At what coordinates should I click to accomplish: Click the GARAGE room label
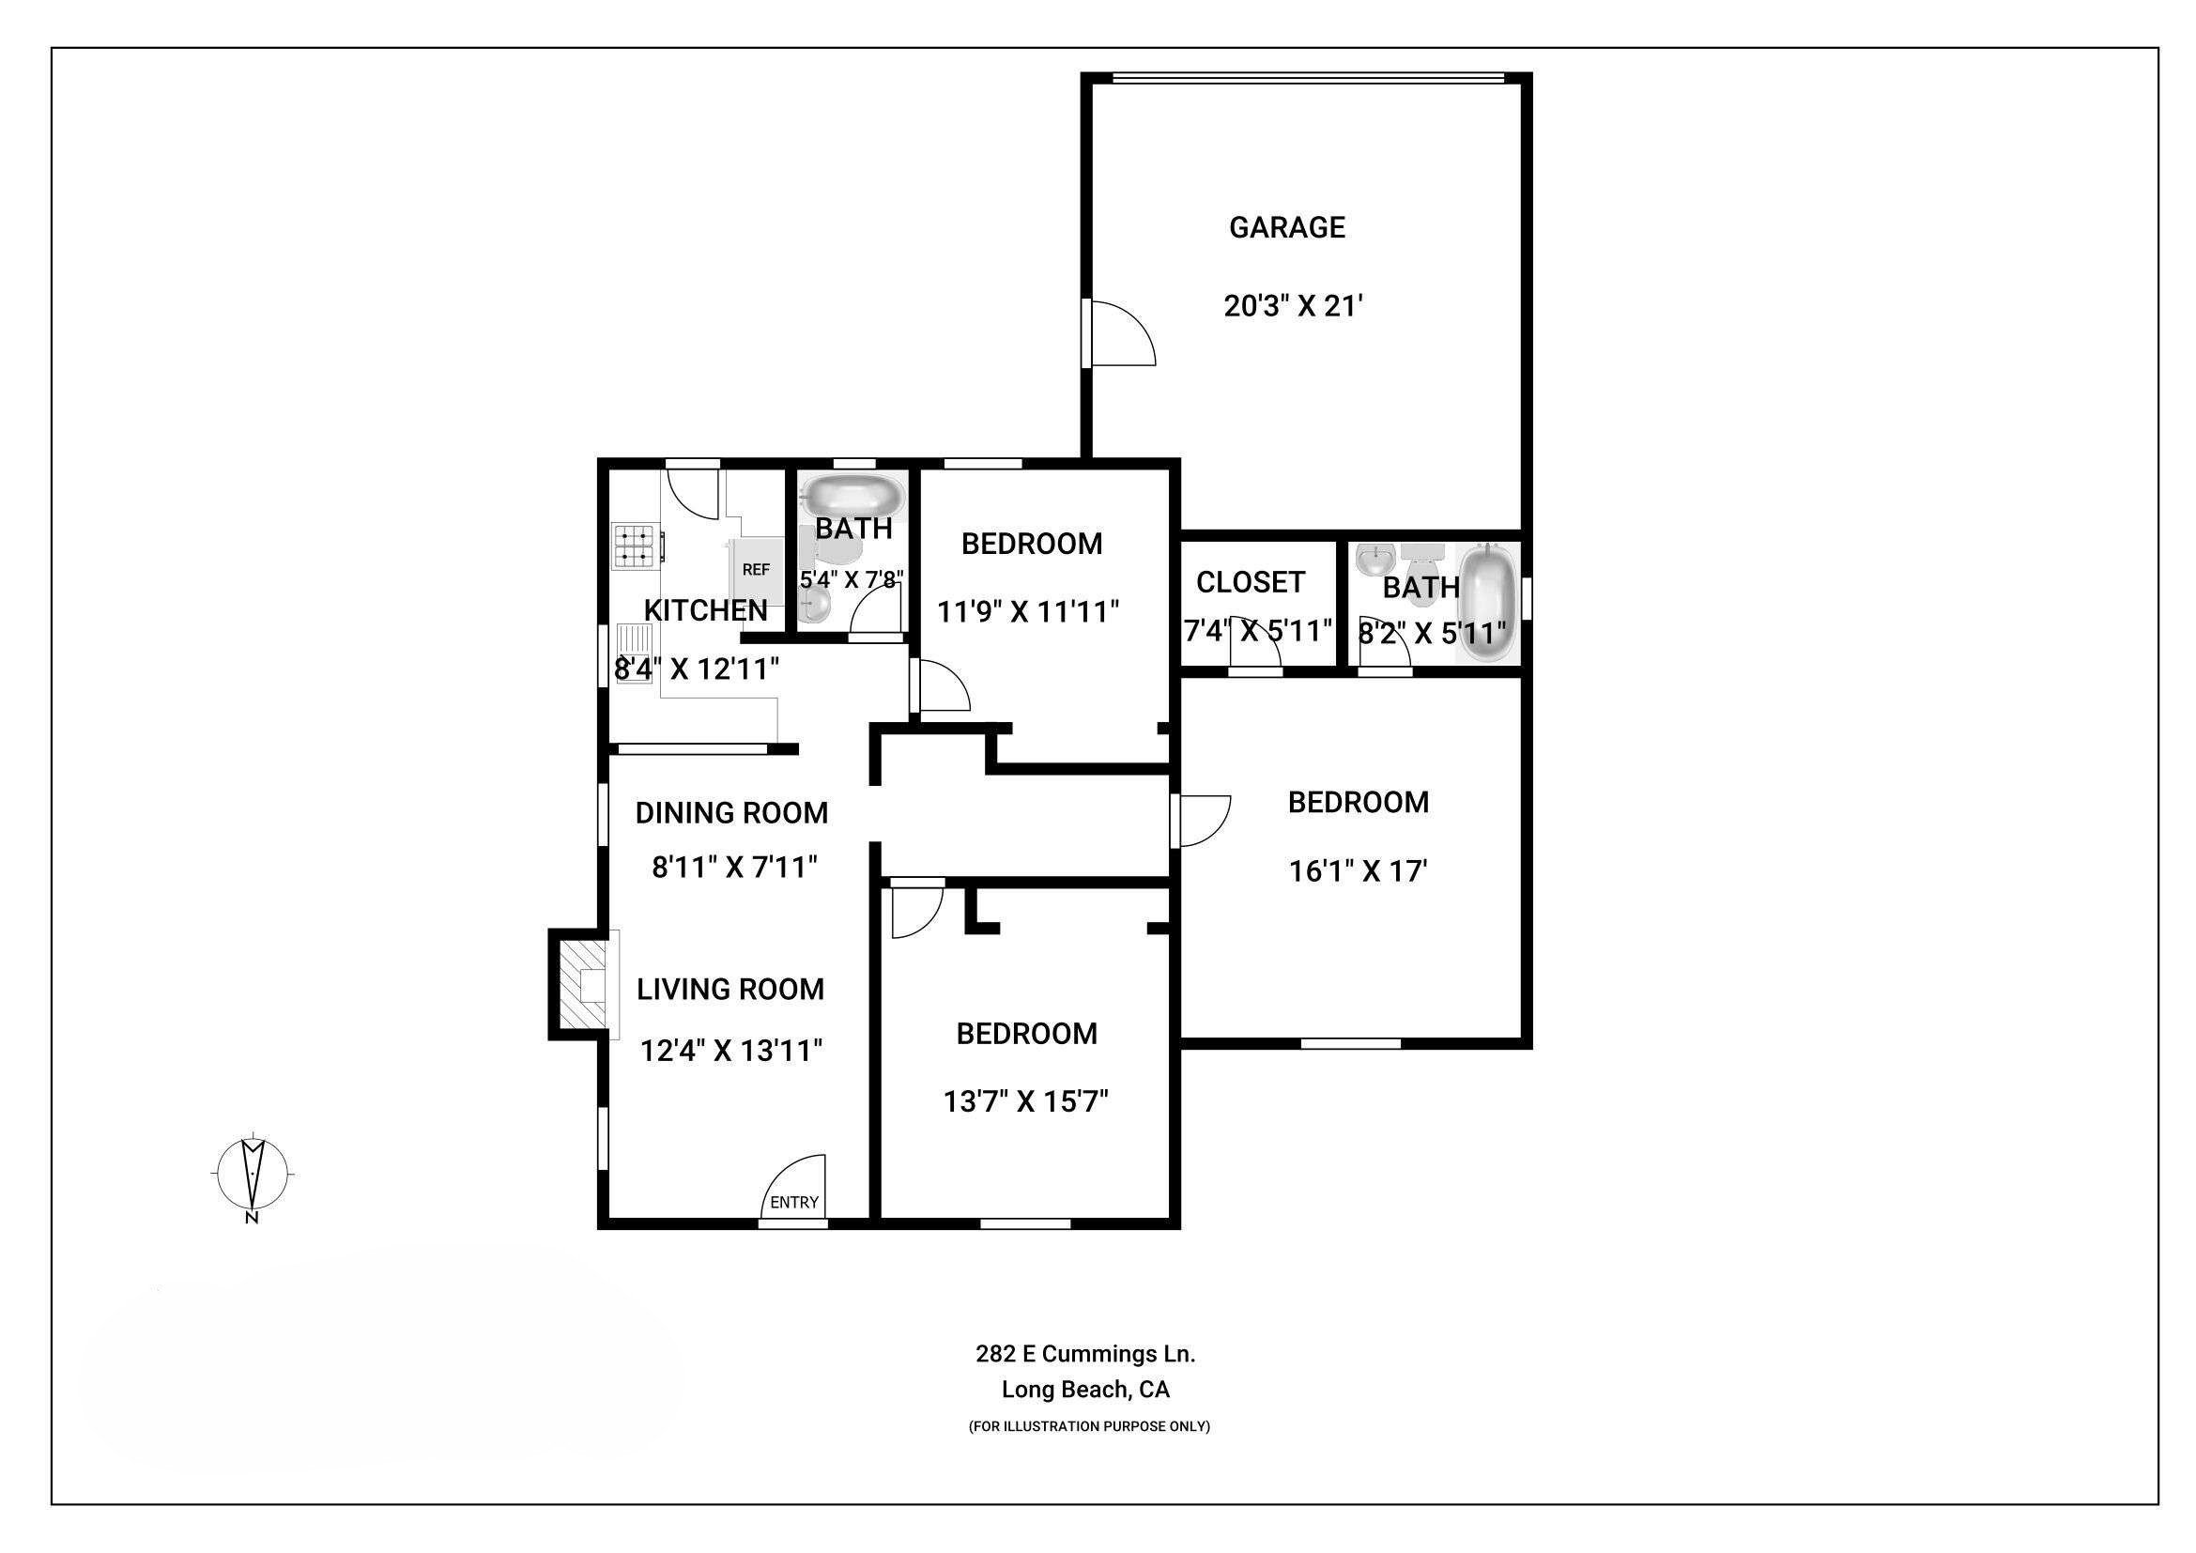tap(1286, 227)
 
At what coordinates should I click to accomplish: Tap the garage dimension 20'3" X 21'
tap(1293, 306)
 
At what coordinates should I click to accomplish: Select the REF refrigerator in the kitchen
tap(757, 570)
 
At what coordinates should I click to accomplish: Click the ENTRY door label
tap(794, 1202)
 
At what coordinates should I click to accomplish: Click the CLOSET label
tap(1250, 581)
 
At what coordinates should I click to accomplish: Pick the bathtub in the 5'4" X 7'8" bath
tap(852, 498)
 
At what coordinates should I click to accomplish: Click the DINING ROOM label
tap(731, 813)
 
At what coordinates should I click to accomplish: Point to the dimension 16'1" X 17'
tap(1359, 871)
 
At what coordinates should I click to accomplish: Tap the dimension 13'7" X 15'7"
tap(1026, 1101)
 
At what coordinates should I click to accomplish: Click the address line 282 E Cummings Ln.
tap(1085, 1354)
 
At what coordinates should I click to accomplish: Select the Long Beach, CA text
tap(1085, 1390)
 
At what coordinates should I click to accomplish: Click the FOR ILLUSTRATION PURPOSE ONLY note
tap(1089, 1427)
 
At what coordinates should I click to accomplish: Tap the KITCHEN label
tap(706, 610)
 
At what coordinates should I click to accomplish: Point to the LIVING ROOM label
tap(730, 989)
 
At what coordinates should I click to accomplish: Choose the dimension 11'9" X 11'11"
tap(1028, 611)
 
